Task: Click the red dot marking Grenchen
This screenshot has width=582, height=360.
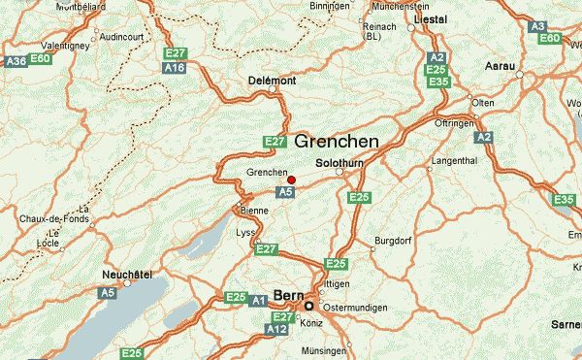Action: click(x=291, y=179)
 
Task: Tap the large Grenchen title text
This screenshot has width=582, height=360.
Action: click(x=336, y=142)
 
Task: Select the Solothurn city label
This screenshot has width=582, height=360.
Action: click(x=339, y=162)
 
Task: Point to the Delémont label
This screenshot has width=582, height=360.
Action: click(x=271, y=80)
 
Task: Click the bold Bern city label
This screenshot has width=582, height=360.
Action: click(x=289, y=293)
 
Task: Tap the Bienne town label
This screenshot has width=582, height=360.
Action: click(x=253, y=210)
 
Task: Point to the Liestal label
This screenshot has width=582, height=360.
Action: click(x=430, y=18)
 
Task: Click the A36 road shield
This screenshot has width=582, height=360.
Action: click(x=16, y=61)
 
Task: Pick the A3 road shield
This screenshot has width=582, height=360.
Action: click(x=538, y=25)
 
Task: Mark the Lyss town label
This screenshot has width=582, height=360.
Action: click(x=246, y=233)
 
